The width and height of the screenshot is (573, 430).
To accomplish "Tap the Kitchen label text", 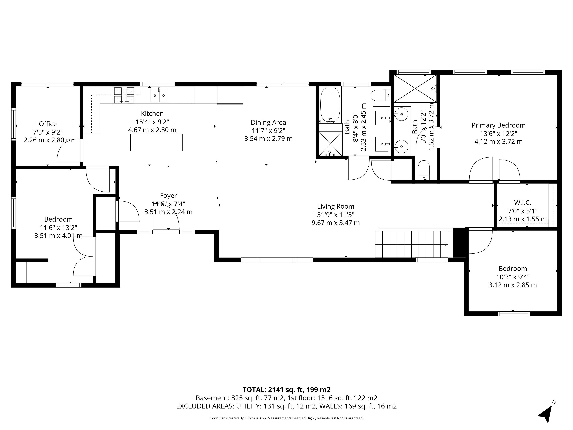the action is point(152,113).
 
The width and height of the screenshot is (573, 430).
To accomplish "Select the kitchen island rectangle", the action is point(157,143).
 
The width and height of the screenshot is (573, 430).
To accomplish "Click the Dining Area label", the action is point(268,122).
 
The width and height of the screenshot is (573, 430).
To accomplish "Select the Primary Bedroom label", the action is point(498,125).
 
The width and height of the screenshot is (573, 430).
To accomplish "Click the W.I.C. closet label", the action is point(522,202).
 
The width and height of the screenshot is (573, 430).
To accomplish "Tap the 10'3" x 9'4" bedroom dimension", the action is point(513,277).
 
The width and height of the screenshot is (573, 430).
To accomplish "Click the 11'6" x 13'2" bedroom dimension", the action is point(58,228).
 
